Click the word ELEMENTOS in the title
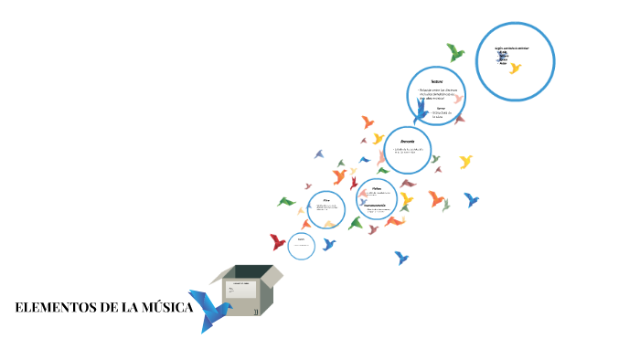tap(54, 308)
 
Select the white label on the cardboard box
tap(241, 290)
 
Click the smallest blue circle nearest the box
tap(301, 245)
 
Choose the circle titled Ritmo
tap(325, 209)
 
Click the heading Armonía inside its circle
tap(407, 141)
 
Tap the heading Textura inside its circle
tap(436, 82)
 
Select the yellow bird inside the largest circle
tap(515, 68)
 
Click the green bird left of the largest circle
tap(454, 52)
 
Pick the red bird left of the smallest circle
tap(278, 241)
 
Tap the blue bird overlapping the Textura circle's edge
tap(421, 111)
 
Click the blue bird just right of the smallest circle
tap(328, 244)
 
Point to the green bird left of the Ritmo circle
tap(287, 201)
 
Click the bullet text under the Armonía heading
tap(407, 151)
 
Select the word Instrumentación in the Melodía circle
tap(375, 205)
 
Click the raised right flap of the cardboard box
tap(272, 273)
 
